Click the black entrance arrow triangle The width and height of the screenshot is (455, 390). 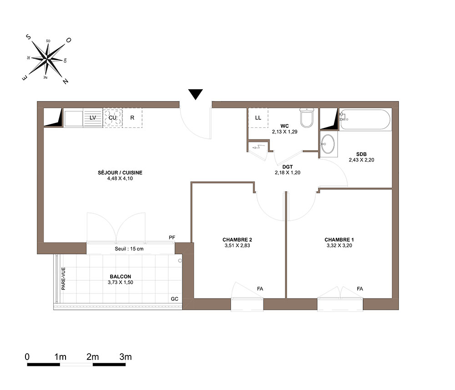[x=195, y=94]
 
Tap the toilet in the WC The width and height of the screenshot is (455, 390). [x=307, y=118]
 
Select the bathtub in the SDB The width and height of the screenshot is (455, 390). [x=365, y=119]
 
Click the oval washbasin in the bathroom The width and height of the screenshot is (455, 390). [x=328, y=144]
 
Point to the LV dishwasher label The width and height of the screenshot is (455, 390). [x=93, y=118]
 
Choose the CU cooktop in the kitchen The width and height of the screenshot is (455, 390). [x=112, y=118]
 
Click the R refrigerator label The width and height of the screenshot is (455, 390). [x=132, y=118]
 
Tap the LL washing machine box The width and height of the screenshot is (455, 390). [x=258, y=118]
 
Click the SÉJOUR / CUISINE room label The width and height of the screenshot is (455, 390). [x=120, y=172]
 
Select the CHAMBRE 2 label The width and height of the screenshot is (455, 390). [x=238, y=240]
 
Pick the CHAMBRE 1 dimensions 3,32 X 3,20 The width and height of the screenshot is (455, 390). [x=339, y=245]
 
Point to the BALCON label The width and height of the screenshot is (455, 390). [x=121, y=277]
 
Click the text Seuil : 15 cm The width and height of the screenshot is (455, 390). [x=129, y=248]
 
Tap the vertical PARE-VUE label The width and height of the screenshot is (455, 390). [x=63, y=279]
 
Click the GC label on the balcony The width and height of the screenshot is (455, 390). [x=174, y=299]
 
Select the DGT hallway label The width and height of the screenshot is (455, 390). [x=288, y=167]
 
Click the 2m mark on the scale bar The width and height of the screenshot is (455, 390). [x=92, y=357]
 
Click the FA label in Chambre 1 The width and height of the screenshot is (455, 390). [x=360, y=289]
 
